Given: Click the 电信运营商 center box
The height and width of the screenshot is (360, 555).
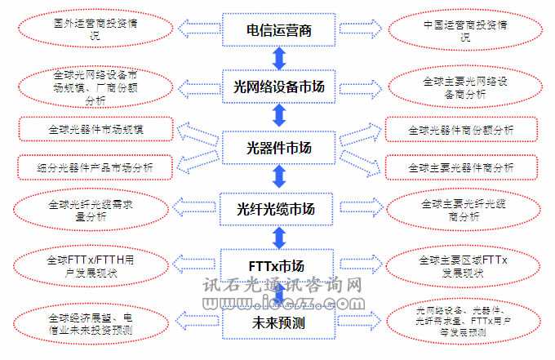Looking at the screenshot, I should pyautogui.click(x=279, y=31).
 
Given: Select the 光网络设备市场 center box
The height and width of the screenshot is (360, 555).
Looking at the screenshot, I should pyautogui.click(x=279, y=87).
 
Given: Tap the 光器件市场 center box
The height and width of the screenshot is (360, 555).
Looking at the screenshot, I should pyautogui.click(x=279, y=148).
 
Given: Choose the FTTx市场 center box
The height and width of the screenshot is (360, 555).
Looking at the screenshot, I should pyautogui.click(x=279, y=266).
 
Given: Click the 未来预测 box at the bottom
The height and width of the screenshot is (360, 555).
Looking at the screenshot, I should pyautogui.click(x=279, y=322).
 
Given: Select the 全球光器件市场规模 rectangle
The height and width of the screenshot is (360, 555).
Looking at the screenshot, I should pyautogui.click(x=95, y=130).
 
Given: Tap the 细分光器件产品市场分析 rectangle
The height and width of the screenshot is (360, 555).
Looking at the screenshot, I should pyautogui.click(x=95, y=167).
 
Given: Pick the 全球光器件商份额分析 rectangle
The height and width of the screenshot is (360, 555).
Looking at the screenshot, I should pyautogui.click(x=461, y=130).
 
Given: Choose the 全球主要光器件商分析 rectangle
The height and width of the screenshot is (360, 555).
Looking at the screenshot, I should pyautogui.click(x=461, y=167).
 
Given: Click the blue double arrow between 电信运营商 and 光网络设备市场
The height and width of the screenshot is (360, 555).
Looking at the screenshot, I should pyautogui.click(x=279, y=59).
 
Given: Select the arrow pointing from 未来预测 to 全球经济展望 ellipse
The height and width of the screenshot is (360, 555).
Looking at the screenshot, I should pyautogui.click(x=196, y=322).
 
